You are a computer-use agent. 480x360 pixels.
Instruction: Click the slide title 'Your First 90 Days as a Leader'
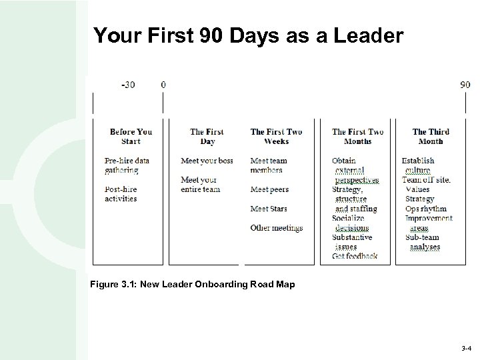[x=248, y=36]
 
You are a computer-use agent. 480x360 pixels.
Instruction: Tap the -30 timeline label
[x=128, y=85]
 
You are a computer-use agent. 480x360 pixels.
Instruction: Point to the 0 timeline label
[x=163, y=85]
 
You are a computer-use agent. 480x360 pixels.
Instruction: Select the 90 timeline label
[x=465, y=85]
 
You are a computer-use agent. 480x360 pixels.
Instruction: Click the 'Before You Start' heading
[x=131, y=137]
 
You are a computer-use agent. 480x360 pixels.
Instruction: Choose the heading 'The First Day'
[x=207, y=137]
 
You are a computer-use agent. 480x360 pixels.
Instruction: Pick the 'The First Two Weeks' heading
[x=276, y=137]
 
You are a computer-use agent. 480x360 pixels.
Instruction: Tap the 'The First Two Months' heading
[x=358, y=137]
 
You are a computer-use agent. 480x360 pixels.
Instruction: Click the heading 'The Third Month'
[x=431, y=137]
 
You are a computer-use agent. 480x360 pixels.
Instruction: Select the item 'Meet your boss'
[x=207, y=161]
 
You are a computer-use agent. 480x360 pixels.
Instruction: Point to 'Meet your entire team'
[x=200, y=185]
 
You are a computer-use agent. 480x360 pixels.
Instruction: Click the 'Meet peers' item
[x=269, y=190]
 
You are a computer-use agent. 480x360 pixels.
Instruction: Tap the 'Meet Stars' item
[x=269, y=209]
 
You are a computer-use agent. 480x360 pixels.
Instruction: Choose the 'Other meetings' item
[x=276, y=228]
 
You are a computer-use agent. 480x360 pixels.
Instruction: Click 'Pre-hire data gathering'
[x=127, y=165]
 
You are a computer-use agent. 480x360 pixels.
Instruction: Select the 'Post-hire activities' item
[x=121, y=194]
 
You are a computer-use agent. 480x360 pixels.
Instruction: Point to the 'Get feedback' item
[x=355, y=256]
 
